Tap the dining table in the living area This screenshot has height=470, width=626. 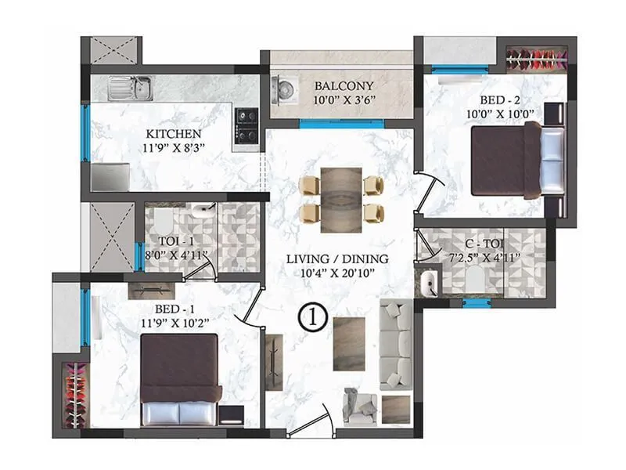coord(342,199)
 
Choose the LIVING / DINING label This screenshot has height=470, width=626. coord(336,258)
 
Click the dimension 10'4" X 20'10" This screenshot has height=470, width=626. coord(336,273)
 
